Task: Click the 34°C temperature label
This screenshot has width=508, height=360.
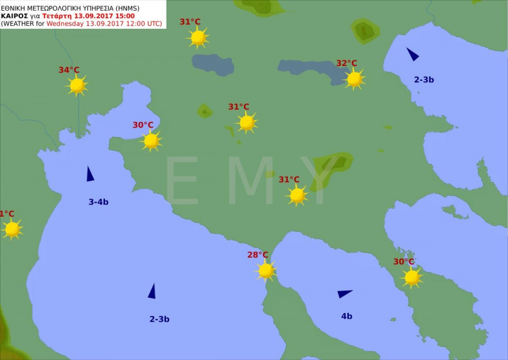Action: (x=69, y=70)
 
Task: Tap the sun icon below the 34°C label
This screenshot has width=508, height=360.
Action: (x=77, y=85)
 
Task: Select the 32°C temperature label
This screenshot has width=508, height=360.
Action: (x=347, y=63)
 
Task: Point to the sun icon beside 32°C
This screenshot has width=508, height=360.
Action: (x=354, y=79)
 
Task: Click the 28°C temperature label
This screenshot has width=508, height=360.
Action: (x=257, y=254)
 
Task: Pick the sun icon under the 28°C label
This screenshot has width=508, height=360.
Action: (x=266, y=271)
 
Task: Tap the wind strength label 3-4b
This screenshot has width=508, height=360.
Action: (x=98, y=201)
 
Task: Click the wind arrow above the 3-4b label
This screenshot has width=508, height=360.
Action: (x=90, y=174)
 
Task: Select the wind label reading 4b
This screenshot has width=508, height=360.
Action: (x=347, y=316)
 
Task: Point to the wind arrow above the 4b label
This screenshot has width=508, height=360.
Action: (x=344, y=293)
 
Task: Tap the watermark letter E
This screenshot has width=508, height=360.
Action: (x=181, y=181)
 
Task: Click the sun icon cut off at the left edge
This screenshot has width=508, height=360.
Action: (x=11, y=229)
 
